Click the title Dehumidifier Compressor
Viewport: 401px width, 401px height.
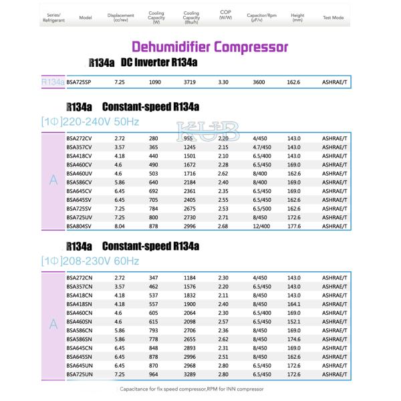click(210, 47)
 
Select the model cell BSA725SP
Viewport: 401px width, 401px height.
click(80, 82)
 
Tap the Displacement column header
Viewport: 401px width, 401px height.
click(120, 17)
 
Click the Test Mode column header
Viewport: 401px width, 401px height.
click(332, 18)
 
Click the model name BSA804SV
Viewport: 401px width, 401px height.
click(80, 226)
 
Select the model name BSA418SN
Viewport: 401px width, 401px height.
click(80, 303)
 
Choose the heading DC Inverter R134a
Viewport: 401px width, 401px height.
click(158, 63)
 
